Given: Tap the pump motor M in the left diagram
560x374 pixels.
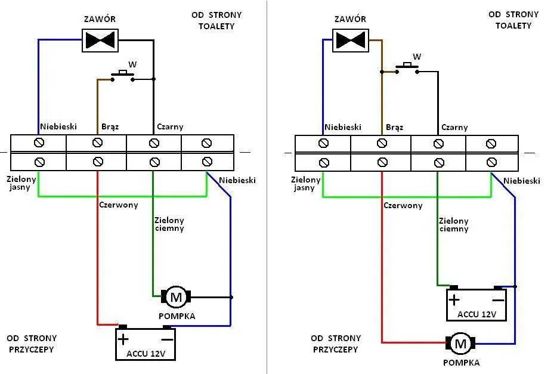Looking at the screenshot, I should click(x=175, y=296).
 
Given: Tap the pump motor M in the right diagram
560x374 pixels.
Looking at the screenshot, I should click(x=460, y=344).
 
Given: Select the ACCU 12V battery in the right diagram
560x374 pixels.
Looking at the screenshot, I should click(x=477, y=304).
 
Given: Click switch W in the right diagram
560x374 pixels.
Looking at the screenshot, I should click(x=408, y=67).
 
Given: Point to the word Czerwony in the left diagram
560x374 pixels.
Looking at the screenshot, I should click(x=119, y=205).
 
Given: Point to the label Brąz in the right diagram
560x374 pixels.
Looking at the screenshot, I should click(x=394, y=127).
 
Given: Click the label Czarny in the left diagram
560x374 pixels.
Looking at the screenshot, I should click(x=170, y=127).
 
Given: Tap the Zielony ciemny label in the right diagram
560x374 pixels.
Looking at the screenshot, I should click(x=453, y=225).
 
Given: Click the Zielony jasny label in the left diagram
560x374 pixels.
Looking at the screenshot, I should click(x=21, y=183).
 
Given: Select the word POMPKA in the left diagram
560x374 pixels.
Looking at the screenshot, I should click(x=177, y=316).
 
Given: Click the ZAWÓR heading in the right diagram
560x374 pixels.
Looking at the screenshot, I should click(x=350, y=19).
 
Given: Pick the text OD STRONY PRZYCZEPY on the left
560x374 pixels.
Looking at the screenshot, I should click(x=32, y=344).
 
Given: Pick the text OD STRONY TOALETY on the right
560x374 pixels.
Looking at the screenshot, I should click(x=513, y=20).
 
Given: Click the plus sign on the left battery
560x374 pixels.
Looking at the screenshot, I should click(x=123, y=339).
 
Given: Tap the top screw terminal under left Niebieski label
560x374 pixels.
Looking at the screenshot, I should click(x=39, y=143).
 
